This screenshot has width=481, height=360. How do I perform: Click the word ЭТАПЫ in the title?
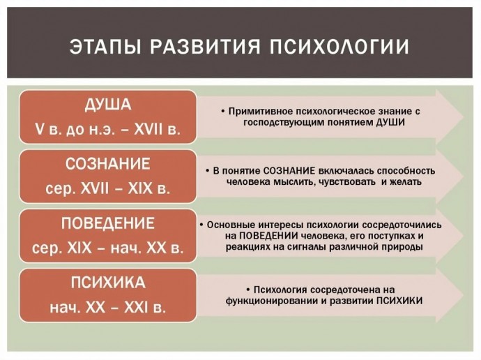click(105, 47)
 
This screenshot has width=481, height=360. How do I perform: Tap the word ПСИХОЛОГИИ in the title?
click(339, 47)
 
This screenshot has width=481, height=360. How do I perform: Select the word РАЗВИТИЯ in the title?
click(205, 47)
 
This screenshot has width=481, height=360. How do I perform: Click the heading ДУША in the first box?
click(108, 105)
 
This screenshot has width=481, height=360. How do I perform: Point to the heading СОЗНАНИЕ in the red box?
click(108, 163)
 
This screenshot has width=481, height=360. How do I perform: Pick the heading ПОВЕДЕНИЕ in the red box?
click(108, 223)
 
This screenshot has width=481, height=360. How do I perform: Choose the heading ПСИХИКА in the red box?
click(108, 283)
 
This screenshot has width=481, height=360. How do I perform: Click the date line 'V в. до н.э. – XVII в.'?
click(108, 130)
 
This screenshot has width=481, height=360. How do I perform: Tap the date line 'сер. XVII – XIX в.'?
click(108, 188)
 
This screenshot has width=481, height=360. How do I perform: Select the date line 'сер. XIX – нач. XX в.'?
click(108, 248)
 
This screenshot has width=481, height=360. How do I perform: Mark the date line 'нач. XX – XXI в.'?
click(108, 307)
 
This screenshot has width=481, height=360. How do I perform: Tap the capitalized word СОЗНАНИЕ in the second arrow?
click(289, 171)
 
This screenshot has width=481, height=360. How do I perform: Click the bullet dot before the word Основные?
click(201, 225)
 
